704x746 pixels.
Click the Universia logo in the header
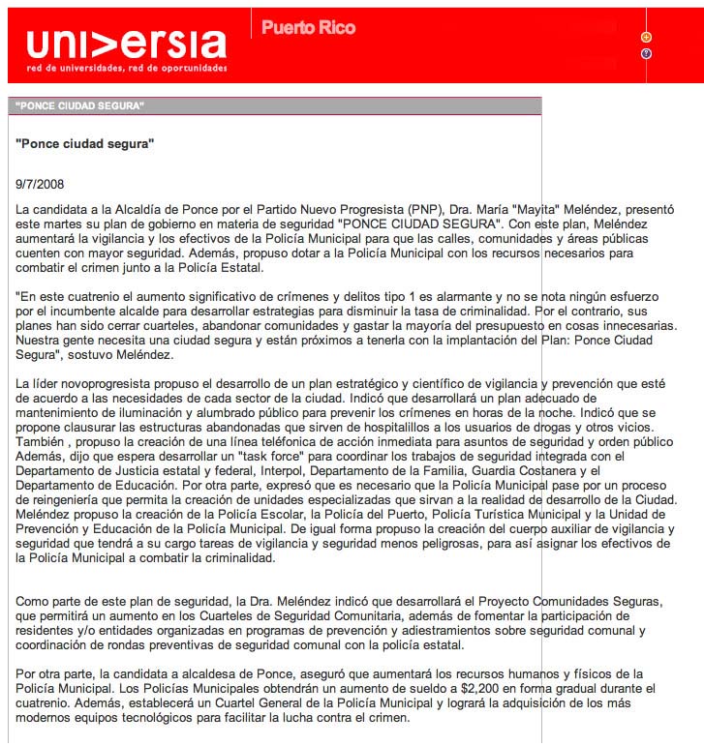(126, 45)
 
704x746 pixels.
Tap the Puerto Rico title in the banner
(308, 28)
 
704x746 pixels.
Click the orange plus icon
(646, 37)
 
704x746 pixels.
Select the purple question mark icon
(646, 53)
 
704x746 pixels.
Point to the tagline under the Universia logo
(127, 69)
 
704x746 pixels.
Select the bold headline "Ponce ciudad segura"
(85, 143)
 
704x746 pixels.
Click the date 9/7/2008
(42, 183)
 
